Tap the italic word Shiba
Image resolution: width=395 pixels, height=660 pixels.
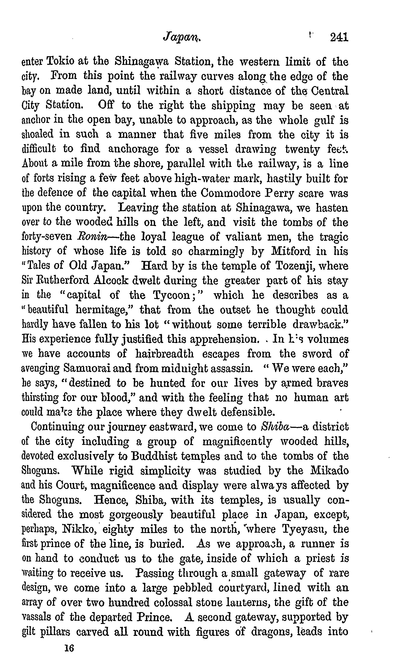click(x=275, y=427)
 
